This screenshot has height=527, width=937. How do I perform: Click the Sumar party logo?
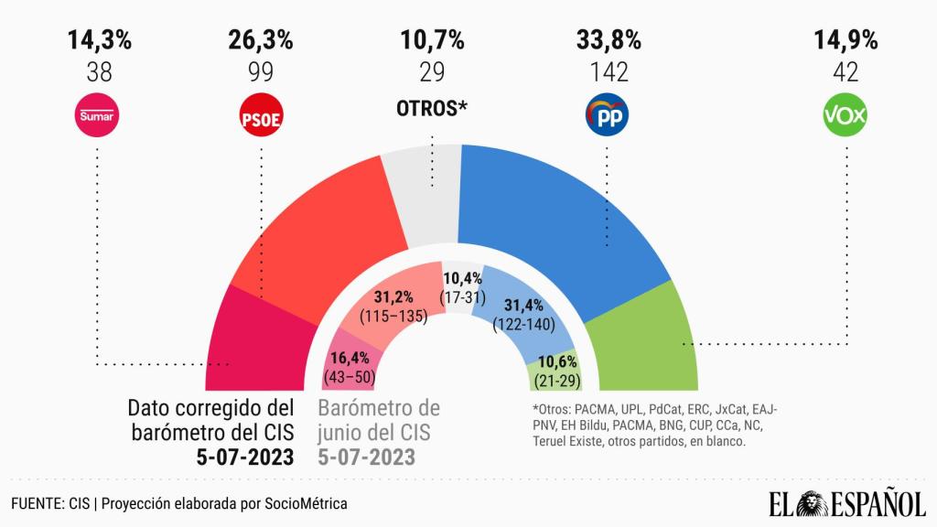tap(100, 116)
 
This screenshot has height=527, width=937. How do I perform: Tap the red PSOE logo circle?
tap(260, 116)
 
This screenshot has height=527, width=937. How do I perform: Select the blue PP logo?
tap(608, 116)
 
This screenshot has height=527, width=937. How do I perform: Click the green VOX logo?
tap(845, 116)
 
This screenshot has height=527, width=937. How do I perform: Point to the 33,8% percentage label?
tap(608, 40)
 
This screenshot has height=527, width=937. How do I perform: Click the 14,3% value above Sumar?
tap(100, 40)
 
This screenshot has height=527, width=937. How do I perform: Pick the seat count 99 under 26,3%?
tap(260, 70)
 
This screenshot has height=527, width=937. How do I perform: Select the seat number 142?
tap(608, 70)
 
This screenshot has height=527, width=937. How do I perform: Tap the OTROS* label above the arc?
tap(432, 108)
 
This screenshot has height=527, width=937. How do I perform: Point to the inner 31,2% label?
tap(393, 296)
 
